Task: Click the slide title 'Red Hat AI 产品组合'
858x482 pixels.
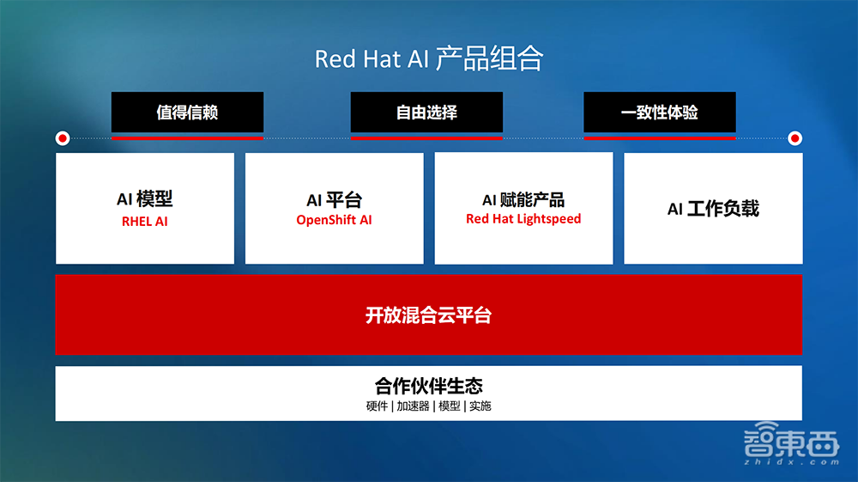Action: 429,58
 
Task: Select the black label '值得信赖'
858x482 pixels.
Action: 187,113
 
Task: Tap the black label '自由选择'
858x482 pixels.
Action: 426,113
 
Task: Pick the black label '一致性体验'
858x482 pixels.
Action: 659,113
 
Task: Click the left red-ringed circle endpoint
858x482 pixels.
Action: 62,137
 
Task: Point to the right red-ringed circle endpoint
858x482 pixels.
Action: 795,137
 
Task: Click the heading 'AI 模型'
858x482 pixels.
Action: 144,199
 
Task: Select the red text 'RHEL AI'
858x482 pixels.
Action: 144,221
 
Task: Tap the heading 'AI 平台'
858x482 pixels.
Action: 334,200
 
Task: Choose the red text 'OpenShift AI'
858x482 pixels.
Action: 334,220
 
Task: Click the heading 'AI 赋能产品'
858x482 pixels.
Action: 523,200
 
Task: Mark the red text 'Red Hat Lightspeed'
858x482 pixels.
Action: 523,219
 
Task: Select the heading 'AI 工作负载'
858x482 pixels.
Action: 713,209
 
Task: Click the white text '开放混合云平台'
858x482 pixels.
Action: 428,315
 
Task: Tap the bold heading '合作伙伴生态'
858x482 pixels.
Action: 428,386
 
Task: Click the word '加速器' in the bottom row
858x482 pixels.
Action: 413,406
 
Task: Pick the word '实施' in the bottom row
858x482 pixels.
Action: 480,406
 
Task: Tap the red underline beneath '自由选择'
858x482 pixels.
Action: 426,137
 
